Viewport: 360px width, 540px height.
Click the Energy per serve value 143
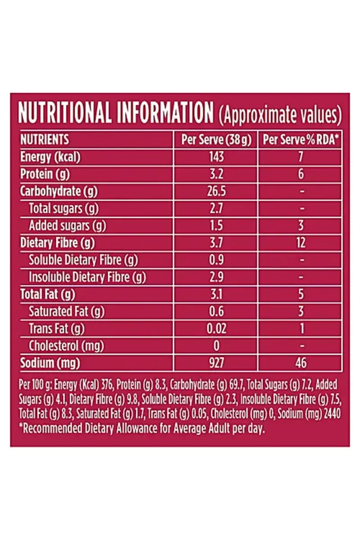(216, 157)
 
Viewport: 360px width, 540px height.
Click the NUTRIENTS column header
(45, 139)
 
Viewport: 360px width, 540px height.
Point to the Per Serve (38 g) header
(216, 140)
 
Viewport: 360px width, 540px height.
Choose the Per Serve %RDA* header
(301, 140)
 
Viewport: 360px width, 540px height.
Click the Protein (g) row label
(45, 174)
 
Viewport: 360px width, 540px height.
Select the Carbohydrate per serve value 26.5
(216, 191)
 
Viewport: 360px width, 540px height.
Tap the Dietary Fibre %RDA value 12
(301, 243)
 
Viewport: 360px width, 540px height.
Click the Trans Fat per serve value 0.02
(216, 329)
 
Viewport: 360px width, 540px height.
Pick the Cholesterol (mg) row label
(66, 346)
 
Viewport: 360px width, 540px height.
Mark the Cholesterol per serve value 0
(216, 346)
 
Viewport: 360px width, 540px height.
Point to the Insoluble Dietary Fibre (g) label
(87, 278)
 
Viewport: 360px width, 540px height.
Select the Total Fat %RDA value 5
(301, 295)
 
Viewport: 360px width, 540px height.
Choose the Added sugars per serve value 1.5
(216, 226)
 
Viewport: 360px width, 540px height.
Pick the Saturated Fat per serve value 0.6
(216, 311)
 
